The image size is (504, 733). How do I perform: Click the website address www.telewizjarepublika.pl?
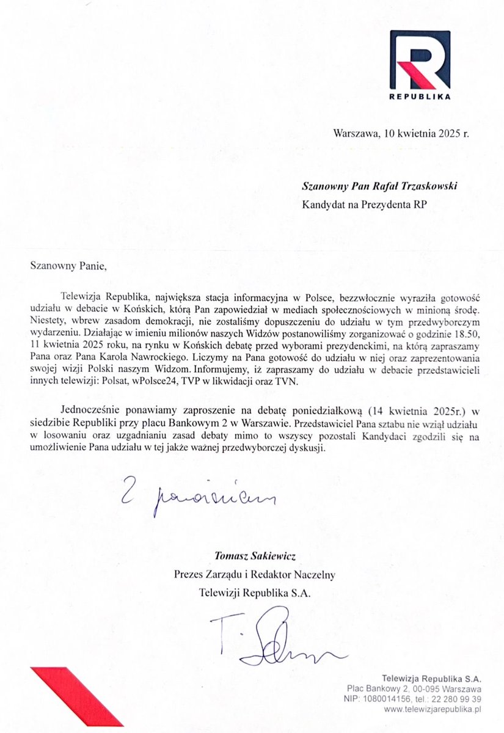[431, 710]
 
